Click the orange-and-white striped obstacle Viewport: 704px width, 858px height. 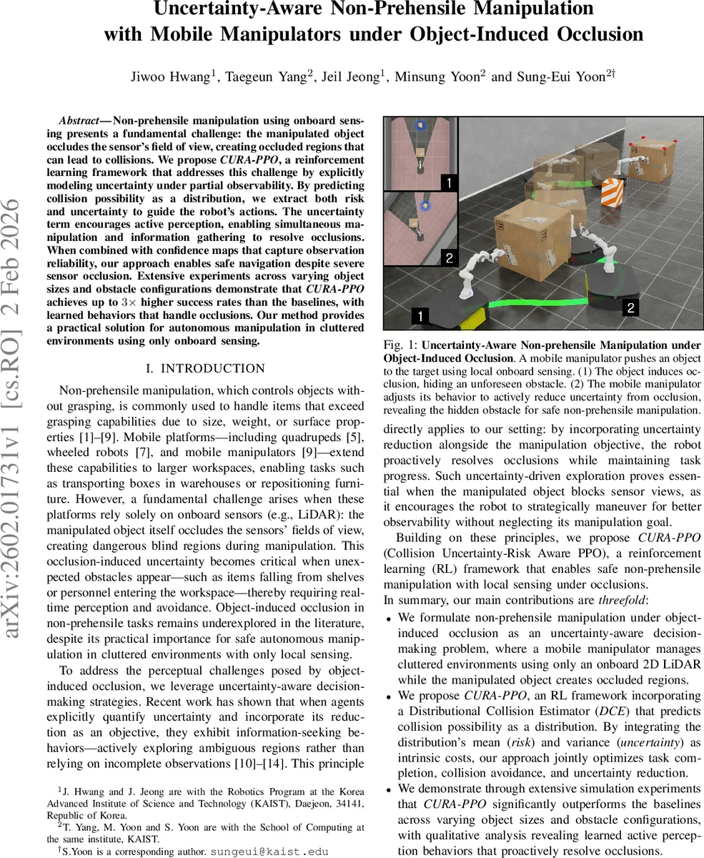coord(612,192)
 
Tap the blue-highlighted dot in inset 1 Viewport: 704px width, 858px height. coord(421,126)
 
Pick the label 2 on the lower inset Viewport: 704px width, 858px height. coord(449,258)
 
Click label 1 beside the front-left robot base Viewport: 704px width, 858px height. coord(420,315)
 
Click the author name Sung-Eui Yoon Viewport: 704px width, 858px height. coord(567,77)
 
